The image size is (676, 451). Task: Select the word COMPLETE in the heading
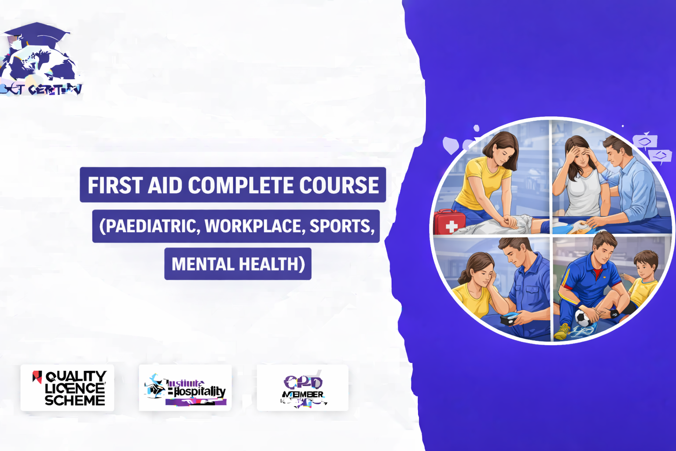[x=241, y=185]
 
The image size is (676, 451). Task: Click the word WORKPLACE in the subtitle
[x=254, y=226]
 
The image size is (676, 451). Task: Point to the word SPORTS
[x=342, y=226]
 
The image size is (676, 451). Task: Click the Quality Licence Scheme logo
[x=67, y=388]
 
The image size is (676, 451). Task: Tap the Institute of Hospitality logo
[x=185, y=388]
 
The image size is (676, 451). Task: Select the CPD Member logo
[x=303, y=388]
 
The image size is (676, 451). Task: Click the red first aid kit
[x=449, y=222]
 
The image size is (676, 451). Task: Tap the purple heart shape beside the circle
[x=451, y=145]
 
